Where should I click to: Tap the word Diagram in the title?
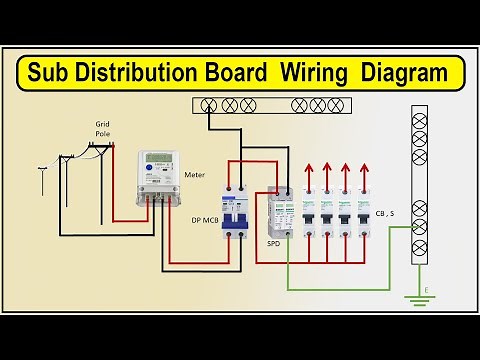pyautogui.click(x=395, y=72)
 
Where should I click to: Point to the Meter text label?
pyautogui.click(x=195, y=174)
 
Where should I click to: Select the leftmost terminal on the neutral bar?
pyautogui.click(x=210, y=104)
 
